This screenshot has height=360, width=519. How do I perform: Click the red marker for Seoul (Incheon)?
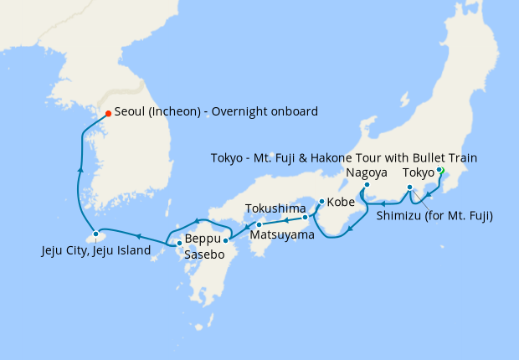[x=107, y=114]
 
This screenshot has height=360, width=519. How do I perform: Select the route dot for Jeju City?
[x=96, y=234]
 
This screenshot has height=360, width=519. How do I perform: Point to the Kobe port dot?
[x=321, y=202]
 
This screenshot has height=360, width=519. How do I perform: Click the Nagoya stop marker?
[x=367, y=185]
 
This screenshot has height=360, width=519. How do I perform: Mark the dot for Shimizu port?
[x=409, y=188]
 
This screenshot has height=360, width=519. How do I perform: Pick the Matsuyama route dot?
[x=259, y=224]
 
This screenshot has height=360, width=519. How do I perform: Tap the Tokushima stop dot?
[x=305, y=218]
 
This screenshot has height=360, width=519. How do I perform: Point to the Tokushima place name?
[x=276, y=208]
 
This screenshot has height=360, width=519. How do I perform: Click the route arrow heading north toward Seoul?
[x=80, y=169]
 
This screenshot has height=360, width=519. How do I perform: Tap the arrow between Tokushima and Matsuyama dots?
[x=284, y=221]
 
